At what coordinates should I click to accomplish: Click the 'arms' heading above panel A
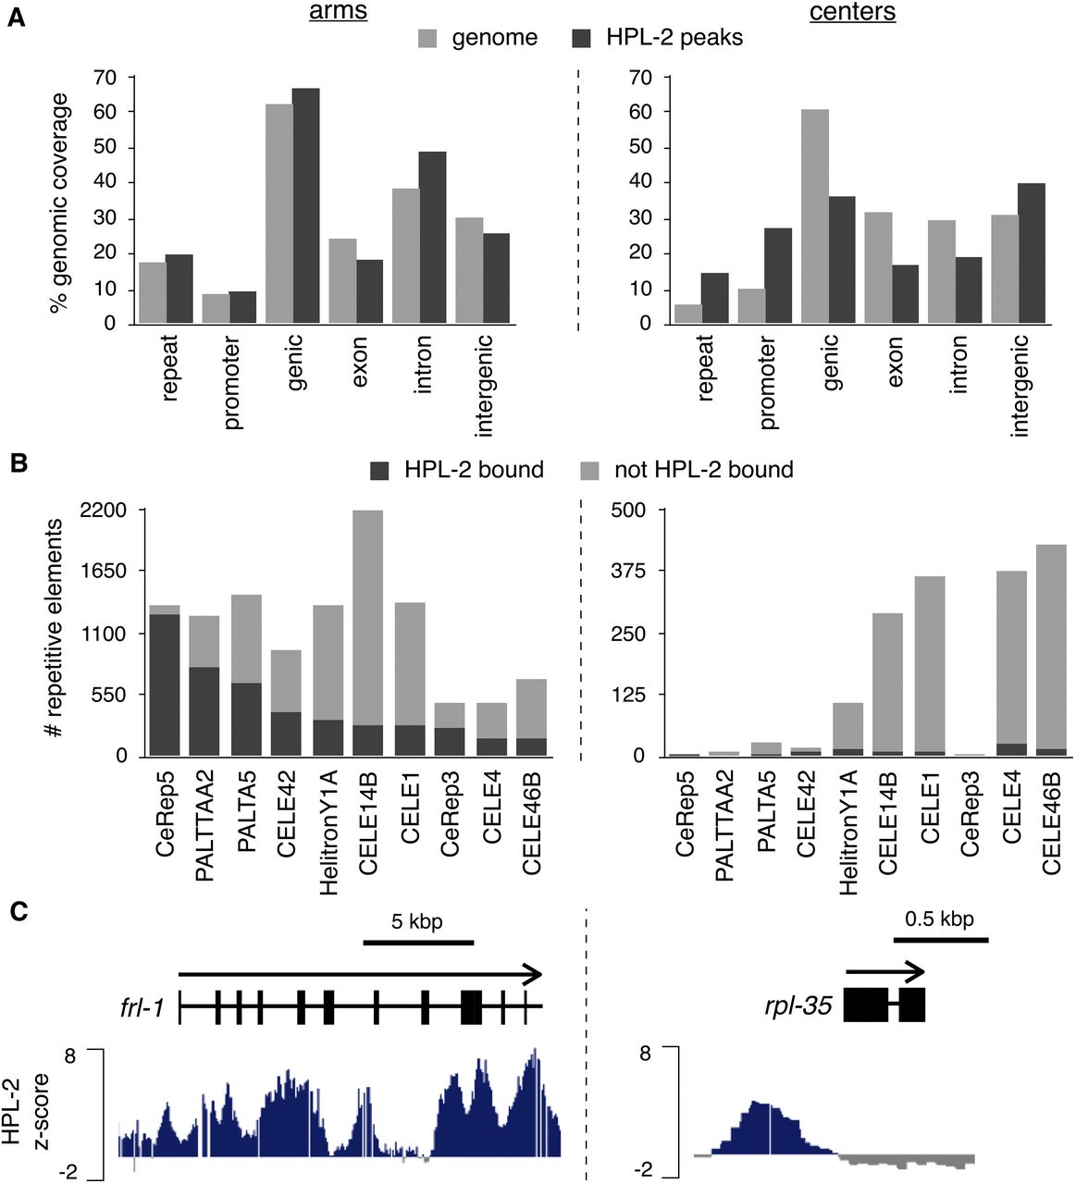click(340, 12)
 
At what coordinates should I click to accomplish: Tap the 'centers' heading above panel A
click(852, 12)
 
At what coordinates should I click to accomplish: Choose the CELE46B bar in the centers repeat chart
click(1051, 650)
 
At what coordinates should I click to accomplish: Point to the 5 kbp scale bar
click(418, 943)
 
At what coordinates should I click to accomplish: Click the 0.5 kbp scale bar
click(941, 940)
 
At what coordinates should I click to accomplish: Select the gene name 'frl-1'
click(142, 1006)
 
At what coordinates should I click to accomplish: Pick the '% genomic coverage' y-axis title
click(59, 202)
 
